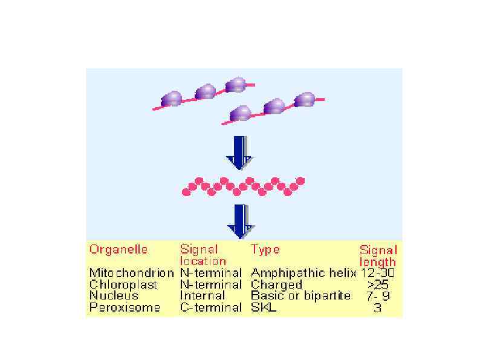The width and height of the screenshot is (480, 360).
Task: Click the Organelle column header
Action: point(118,249)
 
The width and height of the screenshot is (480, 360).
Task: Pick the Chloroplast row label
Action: point(123,284)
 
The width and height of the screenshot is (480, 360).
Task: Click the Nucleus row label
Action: point(114,296)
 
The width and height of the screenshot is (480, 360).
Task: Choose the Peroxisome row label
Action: point(125,307)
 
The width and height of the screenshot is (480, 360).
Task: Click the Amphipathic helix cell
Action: point(303,273)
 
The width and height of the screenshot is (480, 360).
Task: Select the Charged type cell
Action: point(276,284)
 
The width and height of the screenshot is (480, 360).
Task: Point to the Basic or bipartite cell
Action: point(300,296)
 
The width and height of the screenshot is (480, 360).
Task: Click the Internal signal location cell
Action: point(203,296)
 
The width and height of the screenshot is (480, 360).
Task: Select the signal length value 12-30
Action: point(378,273)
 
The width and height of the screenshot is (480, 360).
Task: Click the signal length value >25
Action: point(378,284)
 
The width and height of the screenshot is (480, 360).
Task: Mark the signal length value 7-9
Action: point(378,296)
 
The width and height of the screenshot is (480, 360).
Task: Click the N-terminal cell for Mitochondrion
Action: point(210,273)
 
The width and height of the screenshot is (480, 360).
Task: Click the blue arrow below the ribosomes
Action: point(240,152)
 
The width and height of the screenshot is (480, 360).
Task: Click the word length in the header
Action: point(377,262)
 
